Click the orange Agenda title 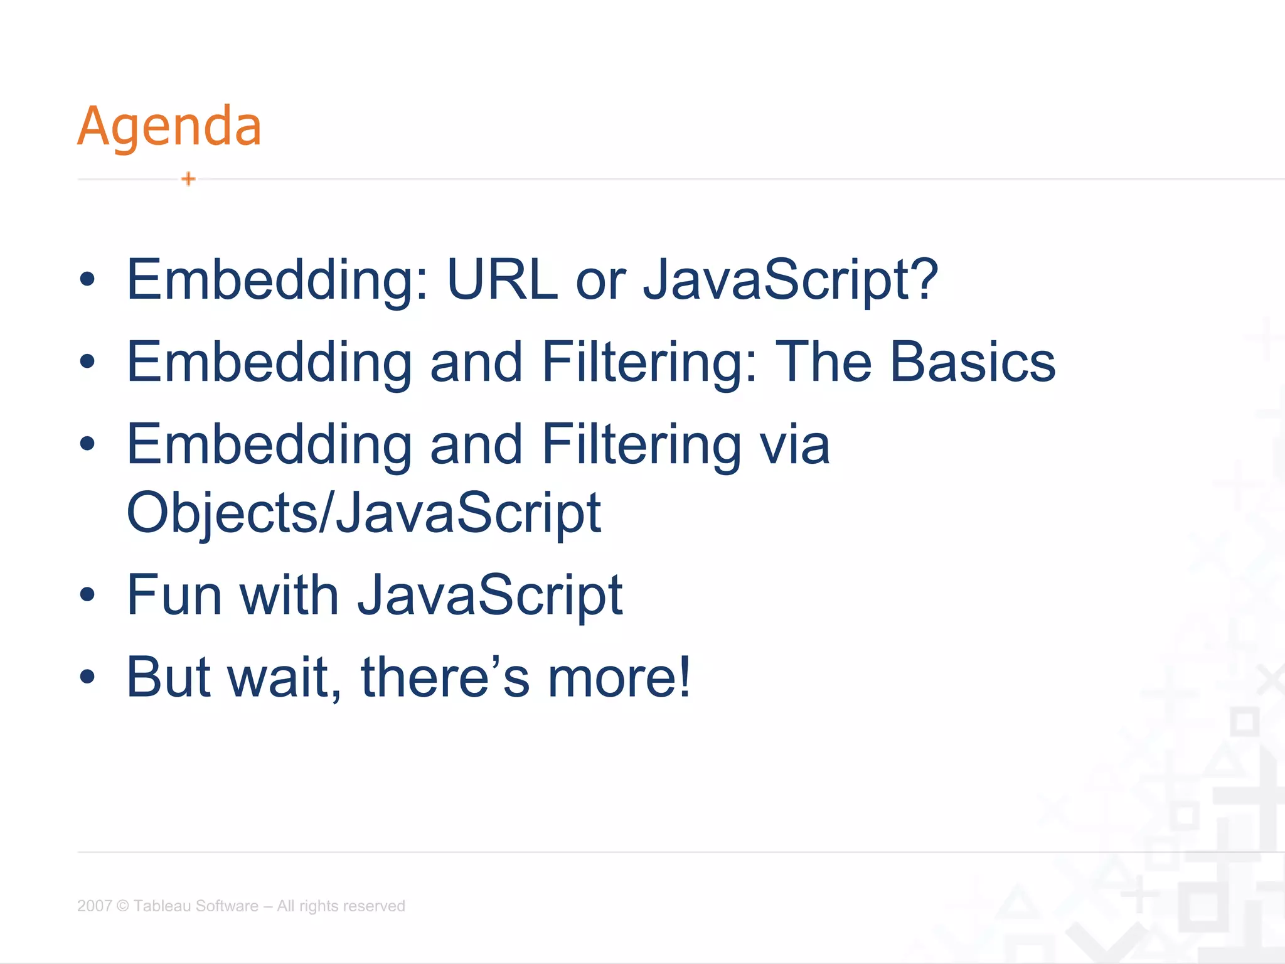point(169,127)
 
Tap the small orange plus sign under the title point(188,179)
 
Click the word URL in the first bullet point(502,280)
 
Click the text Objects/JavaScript point(364,513)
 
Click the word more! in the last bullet point(619,677)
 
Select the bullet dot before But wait point(87,677)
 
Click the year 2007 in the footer point(94,906)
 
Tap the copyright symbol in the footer point(123,906)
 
